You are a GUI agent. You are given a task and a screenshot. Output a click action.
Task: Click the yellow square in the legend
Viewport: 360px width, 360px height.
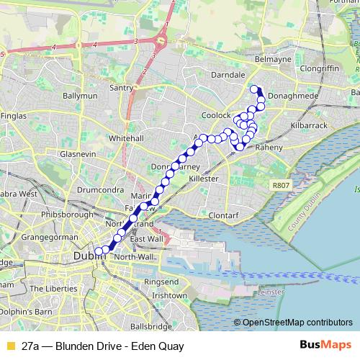point(10,346)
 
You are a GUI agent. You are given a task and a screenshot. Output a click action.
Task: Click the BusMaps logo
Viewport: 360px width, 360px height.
point(325,346)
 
